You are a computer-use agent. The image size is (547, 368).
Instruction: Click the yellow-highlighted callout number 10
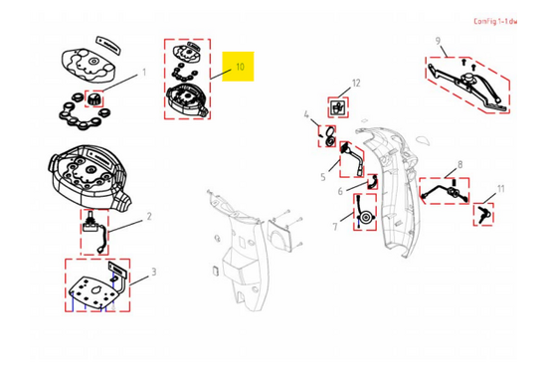pyautogui.click(x=240, y=67)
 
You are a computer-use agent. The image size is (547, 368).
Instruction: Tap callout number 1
pyautogui.click(x=144, y=73)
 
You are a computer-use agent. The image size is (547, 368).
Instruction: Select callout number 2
pyautogui.click(x=149, y=216)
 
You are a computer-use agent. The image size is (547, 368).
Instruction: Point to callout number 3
pyautogui.click(x=153, y=272)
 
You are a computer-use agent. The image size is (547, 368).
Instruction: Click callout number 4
pyautogui.click(x=306, y=114)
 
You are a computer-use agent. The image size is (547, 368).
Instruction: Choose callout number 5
pyautogui.click(x=323, y=177)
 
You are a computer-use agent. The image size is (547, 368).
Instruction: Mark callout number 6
pyautogui.click(x=340, y=191)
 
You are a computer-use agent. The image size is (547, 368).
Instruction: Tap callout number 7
pyautogui.click(x=335, y=227)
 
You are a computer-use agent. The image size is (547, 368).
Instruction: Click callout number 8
pyautogui.click(x=460, y=164)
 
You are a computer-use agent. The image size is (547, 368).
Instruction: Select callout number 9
pyautogui.click(x=439, y=41)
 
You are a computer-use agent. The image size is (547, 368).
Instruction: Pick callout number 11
pyautogui.click(x=501, y=189)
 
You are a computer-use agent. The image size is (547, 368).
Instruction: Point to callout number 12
pyautogui.click(x=356, y=83)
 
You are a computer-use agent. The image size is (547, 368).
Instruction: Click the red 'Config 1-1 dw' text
pyautogui.click(x=495, y=21)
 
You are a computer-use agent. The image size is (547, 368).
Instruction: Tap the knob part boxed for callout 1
pyautogui.click(x=94, y=99)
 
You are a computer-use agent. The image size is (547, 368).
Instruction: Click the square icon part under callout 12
pyautogui.click(x=338, y=107)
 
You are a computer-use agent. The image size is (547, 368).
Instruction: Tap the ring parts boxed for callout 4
pyautogui.click(x=329, y=136)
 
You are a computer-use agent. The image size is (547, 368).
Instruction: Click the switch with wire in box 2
pyautogui.click(x=93, y=231)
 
